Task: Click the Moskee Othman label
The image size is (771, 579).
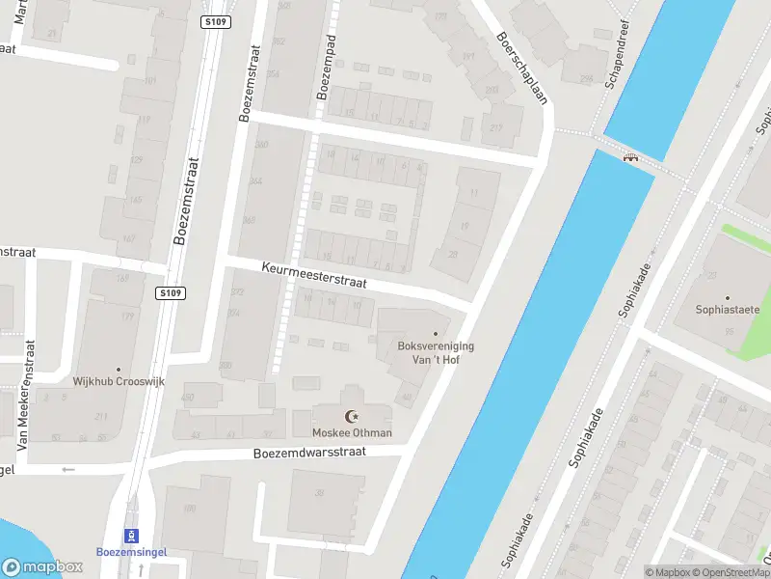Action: [352, 432]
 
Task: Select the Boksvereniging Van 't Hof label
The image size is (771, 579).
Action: [436, 352]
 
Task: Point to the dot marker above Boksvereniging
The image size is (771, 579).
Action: [436, 334]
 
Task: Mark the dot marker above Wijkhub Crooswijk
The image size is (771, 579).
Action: [119, 369]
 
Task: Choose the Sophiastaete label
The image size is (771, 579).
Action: [728, 310]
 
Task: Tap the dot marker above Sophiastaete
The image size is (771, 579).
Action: [728, 297]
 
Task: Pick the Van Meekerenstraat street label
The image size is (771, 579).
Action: [27, 395]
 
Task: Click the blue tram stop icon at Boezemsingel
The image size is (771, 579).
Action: [132, 536]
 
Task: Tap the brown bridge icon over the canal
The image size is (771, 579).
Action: [631, 157]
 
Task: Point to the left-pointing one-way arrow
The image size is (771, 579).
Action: [67, 470]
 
